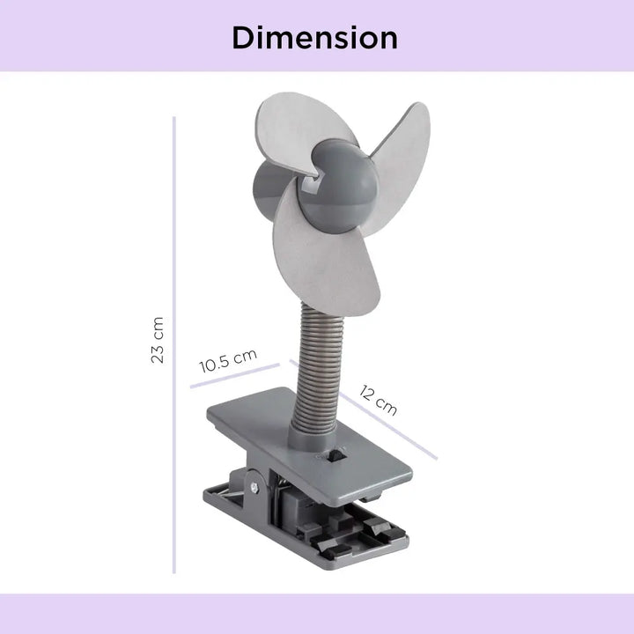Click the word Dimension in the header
point(315,38)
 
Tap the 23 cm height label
point(158,341)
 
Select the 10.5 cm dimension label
point(227,360)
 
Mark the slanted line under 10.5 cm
point(234,375)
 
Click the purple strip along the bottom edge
point(317,614)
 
